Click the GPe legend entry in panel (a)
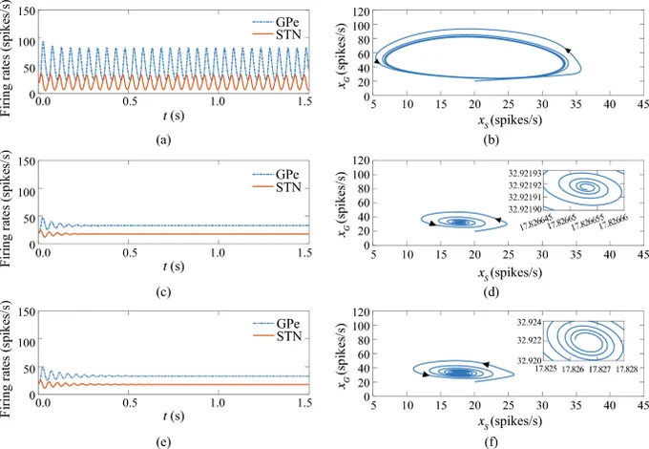(x=276, y=22)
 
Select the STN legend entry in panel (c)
(x=277, y=187)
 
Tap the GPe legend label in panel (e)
(x=277, y=324)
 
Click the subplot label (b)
(x=491, y=139)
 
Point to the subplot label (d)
(x=491, y=292)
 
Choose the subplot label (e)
(x=163, y=442)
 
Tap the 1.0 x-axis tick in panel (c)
(x=218, y=252)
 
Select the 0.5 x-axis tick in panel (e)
(x=130, y=402)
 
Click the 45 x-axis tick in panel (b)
(x=642, y=103)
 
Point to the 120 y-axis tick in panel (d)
(x=361, y=160)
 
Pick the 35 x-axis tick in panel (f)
(x=576, y=405)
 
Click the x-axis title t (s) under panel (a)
(x=174, y=115)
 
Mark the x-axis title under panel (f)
(x=510, y=421)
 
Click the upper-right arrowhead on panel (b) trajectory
(x=568, y=51)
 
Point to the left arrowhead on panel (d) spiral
(x=432, y=224)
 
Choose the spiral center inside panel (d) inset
(x=585, y=187)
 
